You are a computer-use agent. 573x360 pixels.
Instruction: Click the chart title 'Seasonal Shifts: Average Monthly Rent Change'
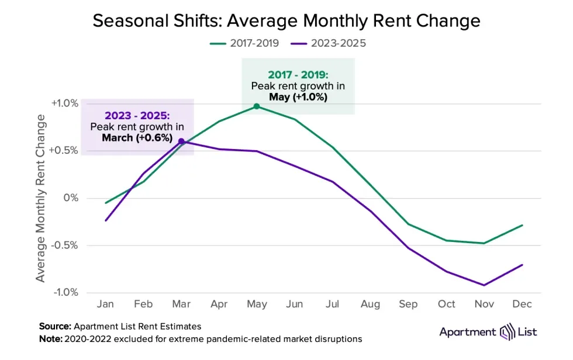point(286,21)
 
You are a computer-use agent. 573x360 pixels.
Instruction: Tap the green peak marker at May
point(257,106)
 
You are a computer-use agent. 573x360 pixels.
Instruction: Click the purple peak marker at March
point(181,141)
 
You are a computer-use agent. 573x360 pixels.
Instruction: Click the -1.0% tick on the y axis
point(65,292)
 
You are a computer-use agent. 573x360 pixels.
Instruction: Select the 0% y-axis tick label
point(71,198)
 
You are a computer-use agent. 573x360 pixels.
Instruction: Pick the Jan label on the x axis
point(105,304)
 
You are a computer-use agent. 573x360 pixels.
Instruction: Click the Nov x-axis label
point(484,304)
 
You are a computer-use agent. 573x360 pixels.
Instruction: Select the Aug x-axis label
point(370,304)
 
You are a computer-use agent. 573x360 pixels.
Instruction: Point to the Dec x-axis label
point(522,304)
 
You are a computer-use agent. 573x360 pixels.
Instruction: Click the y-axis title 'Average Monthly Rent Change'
point(40,198)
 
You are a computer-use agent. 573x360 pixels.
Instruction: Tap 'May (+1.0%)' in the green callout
point(298,97)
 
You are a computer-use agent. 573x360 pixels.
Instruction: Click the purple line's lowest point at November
point(484,285)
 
